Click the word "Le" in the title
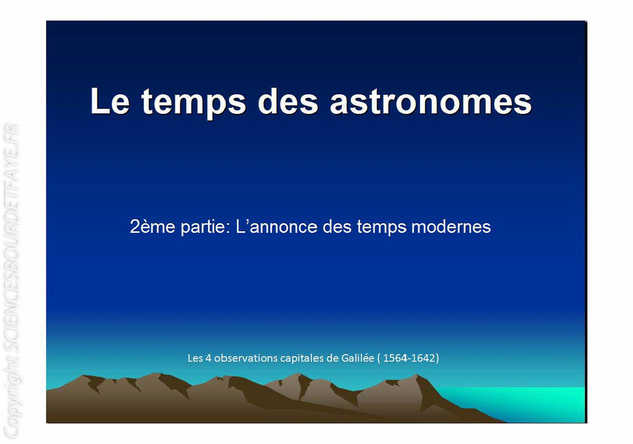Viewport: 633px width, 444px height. (110, 101)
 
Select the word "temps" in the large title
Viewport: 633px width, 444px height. (194, 103)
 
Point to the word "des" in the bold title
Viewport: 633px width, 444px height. (288, 101)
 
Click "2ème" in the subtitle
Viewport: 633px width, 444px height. (152, 226)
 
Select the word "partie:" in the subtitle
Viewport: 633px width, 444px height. (206, 227)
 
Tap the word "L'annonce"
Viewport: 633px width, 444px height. (277, 226)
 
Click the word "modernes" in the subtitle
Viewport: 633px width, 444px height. (451, 226)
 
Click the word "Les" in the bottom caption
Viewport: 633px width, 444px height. (195, 358)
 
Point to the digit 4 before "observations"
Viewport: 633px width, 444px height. (208, 358)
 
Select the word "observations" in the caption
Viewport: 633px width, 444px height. (246, 358)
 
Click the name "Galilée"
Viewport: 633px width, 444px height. (358, 358)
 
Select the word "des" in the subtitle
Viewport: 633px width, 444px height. (337, 226)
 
